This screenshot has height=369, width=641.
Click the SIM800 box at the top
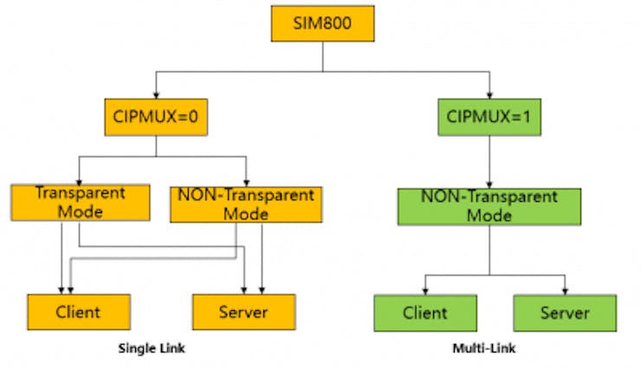(x=322, y=23)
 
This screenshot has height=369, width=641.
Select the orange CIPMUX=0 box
(x=156, y=115)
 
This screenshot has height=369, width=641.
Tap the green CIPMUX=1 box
(x=489, y=115)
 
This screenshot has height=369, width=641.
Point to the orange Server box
(x=243, y=312)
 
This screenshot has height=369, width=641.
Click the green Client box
(x=425, y=314)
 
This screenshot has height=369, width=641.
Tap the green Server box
(x=565, y=314)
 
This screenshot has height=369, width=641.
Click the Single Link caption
(x=152, y=348)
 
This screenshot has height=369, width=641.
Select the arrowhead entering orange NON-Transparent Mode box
(x=247, y=181)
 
